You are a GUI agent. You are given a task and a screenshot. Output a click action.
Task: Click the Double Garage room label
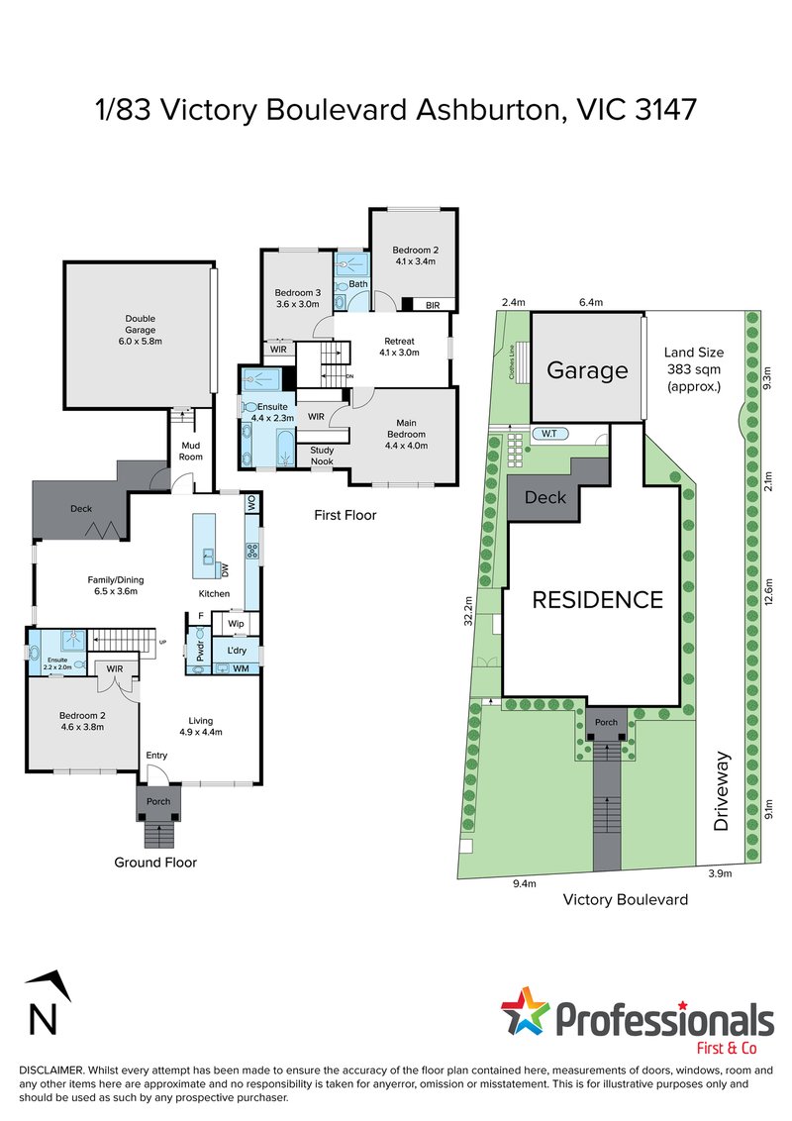141,330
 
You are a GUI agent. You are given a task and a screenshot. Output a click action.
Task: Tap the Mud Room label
191,452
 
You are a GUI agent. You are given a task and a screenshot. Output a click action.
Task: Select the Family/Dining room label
116,585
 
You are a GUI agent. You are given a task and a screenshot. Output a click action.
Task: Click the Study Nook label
322,456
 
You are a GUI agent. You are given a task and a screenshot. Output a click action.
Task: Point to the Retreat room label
400,347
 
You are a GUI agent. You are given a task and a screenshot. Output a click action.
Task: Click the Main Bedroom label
406,434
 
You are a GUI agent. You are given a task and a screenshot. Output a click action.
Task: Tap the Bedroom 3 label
297,298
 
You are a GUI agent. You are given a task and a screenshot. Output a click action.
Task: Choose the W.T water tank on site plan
549,433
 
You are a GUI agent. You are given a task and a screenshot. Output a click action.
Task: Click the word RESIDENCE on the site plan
598,600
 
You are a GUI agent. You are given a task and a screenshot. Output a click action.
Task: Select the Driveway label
721,790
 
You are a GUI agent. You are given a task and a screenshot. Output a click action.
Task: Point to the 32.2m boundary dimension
469,611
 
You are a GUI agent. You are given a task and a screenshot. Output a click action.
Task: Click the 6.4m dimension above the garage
590,302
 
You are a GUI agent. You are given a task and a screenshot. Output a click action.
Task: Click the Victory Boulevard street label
626,899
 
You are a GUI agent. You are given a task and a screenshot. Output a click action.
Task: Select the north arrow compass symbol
47,1002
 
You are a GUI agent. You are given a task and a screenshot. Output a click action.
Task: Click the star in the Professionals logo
526,1011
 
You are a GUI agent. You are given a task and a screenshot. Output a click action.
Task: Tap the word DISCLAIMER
51,1070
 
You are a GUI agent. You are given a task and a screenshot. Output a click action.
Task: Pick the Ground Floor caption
155,863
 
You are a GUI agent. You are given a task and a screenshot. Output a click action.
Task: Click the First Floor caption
346,515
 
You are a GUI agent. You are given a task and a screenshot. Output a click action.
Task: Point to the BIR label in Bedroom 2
433,305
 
